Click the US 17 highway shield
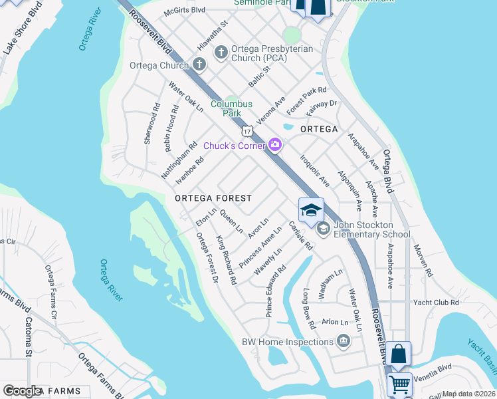[247, 130]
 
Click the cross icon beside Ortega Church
[199, 65]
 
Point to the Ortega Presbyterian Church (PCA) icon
[221, 51]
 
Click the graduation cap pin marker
[311, 211]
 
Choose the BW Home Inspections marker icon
[344, 342]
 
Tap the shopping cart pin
[399, 384]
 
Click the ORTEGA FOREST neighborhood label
[213, 198]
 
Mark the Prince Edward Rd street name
[276, 291]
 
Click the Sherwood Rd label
[152, 124]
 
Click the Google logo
[23, 391]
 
